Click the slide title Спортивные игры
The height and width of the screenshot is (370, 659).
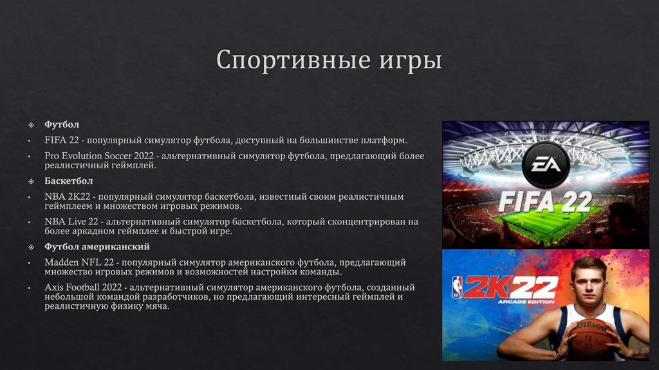tap(329, 60)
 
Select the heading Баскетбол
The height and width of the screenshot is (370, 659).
tap(68, 181)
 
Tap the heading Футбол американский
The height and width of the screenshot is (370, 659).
tap(97, 247)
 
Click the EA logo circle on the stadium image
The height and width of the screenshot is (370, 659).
tap(545, 165)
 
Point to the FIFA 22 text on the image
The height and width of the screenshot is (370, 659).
tap(545, 202)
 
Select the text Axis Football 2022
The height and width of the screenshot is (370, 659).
tap(84, 287)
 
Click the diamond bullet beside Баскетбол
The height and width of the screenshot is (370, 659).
tap(30, 181)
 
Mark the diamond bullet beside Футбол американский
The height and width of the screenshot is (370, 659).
tap(30, 247)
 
